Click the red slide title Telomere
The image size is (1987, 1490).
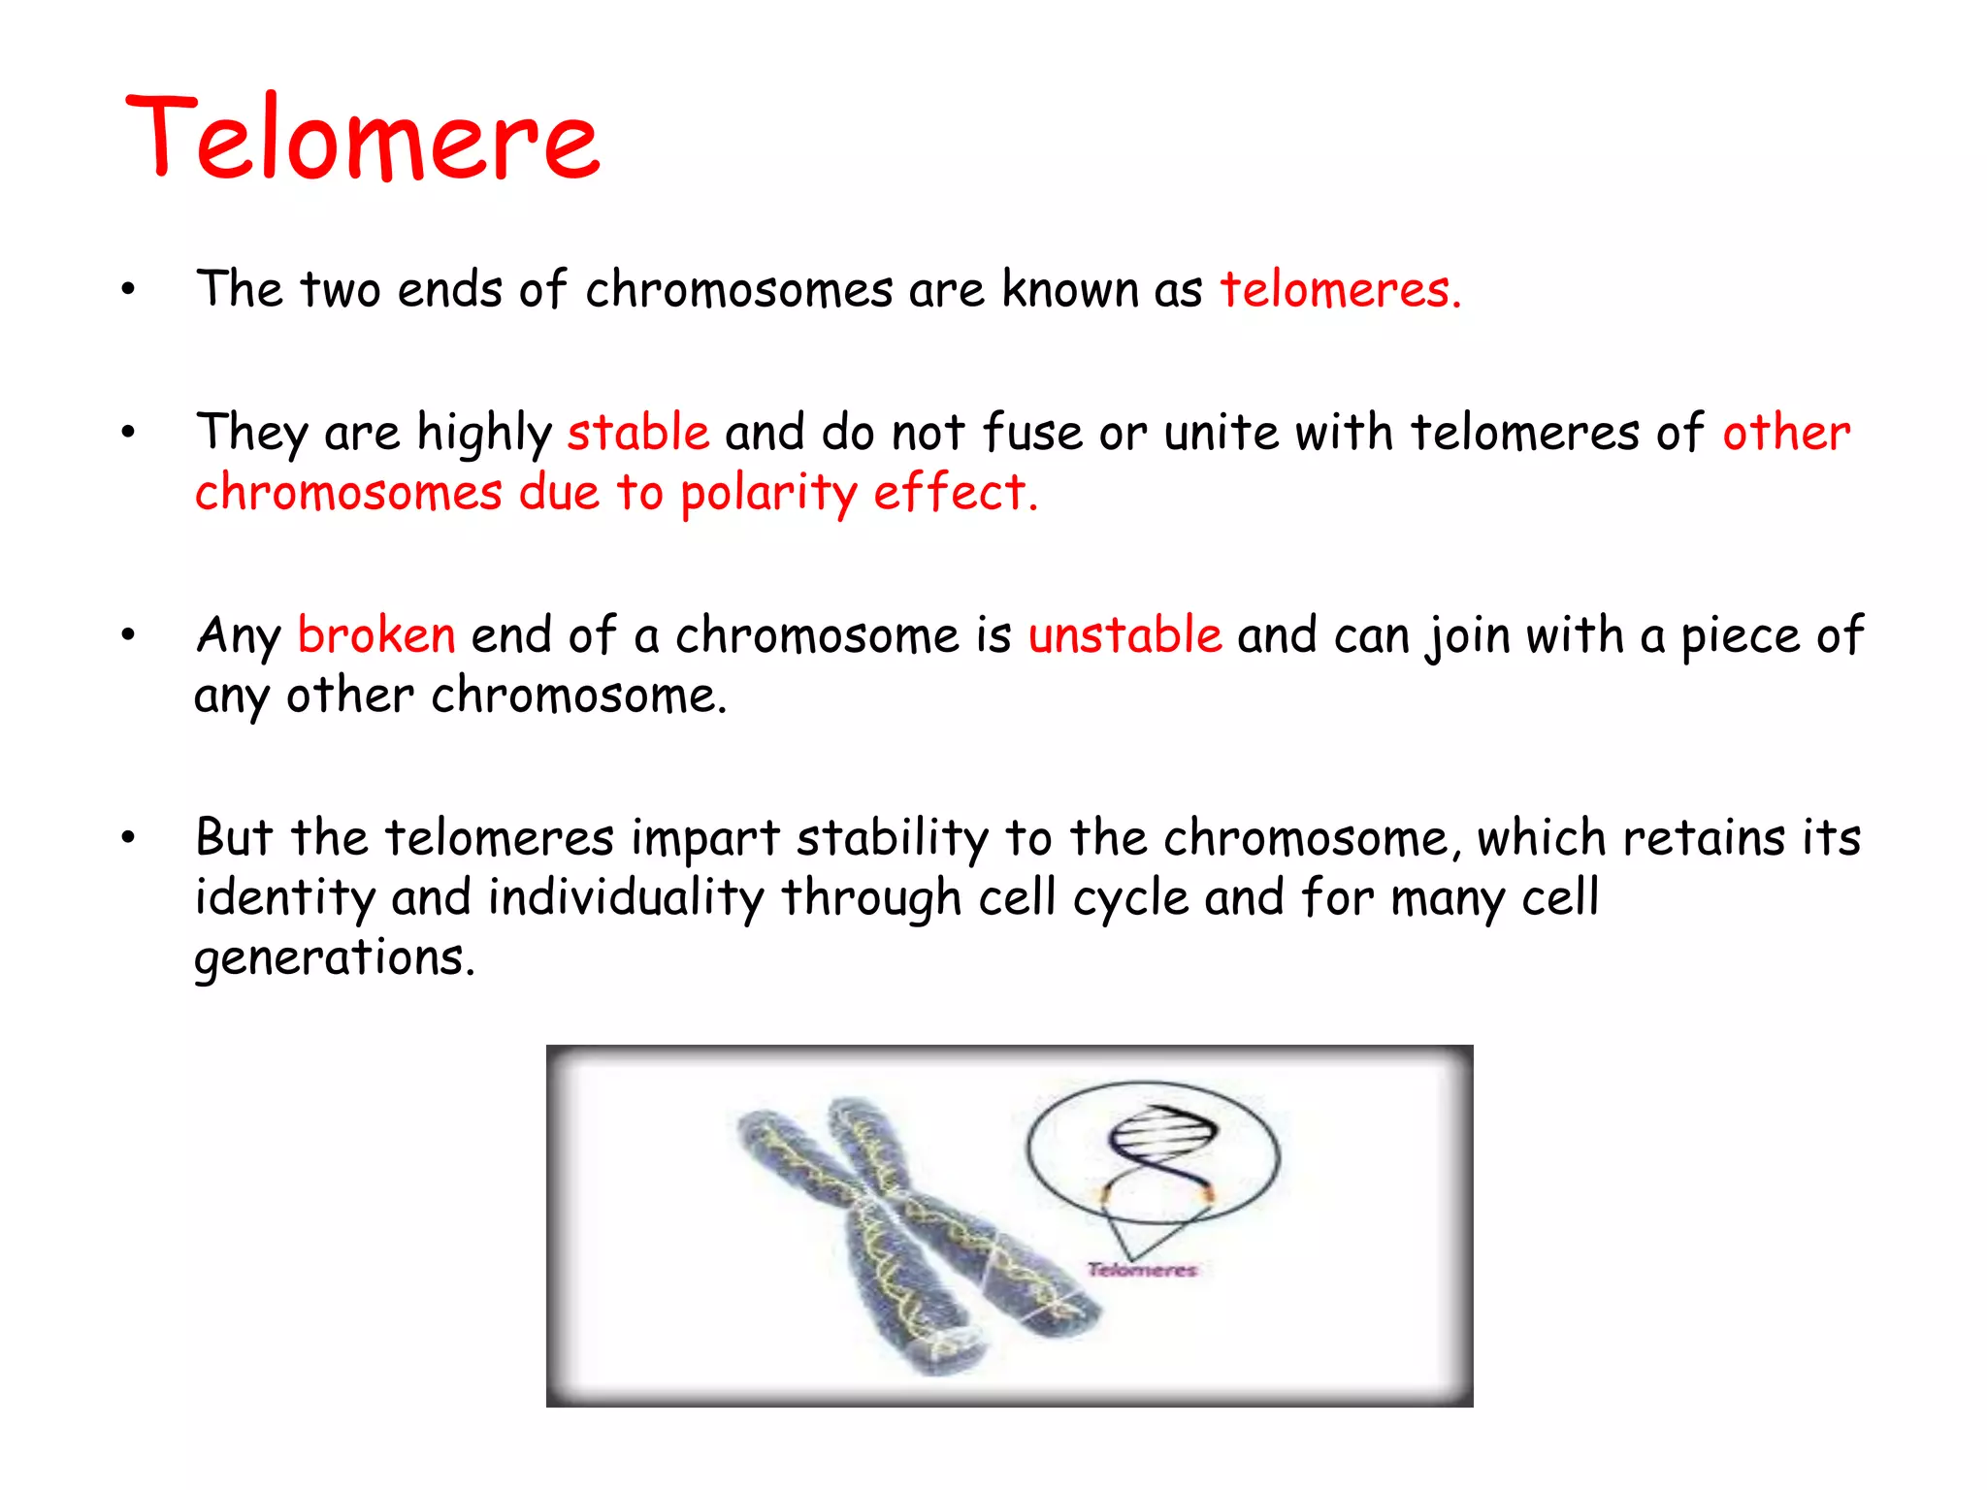pos(363,138)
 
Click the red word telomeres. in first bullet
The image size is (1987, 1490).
pos(1340,289)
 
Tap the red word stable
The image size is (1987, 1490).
pos(638,432)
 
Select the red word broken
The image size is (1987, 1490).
pos(376,635)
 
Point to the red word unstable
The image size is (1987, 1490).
pos(1124,635)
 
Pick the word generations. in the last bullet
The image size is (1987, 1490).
pos(335,958)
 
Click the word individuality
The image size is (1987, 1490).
pos(626,897)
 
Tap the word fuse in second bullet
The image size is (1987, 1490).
pos(1031,432)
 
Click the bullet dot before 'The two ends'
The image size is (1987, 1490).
pos(128,289)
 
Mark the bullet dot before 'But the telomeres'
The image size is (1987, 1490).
pos(128,837)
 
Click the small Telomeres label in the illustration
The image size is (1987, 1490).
pos(1142,1270)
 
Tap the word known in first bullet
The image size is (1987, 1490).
pos(1069,289)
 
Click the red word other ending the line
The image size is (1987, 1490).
pos(1786,432)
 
